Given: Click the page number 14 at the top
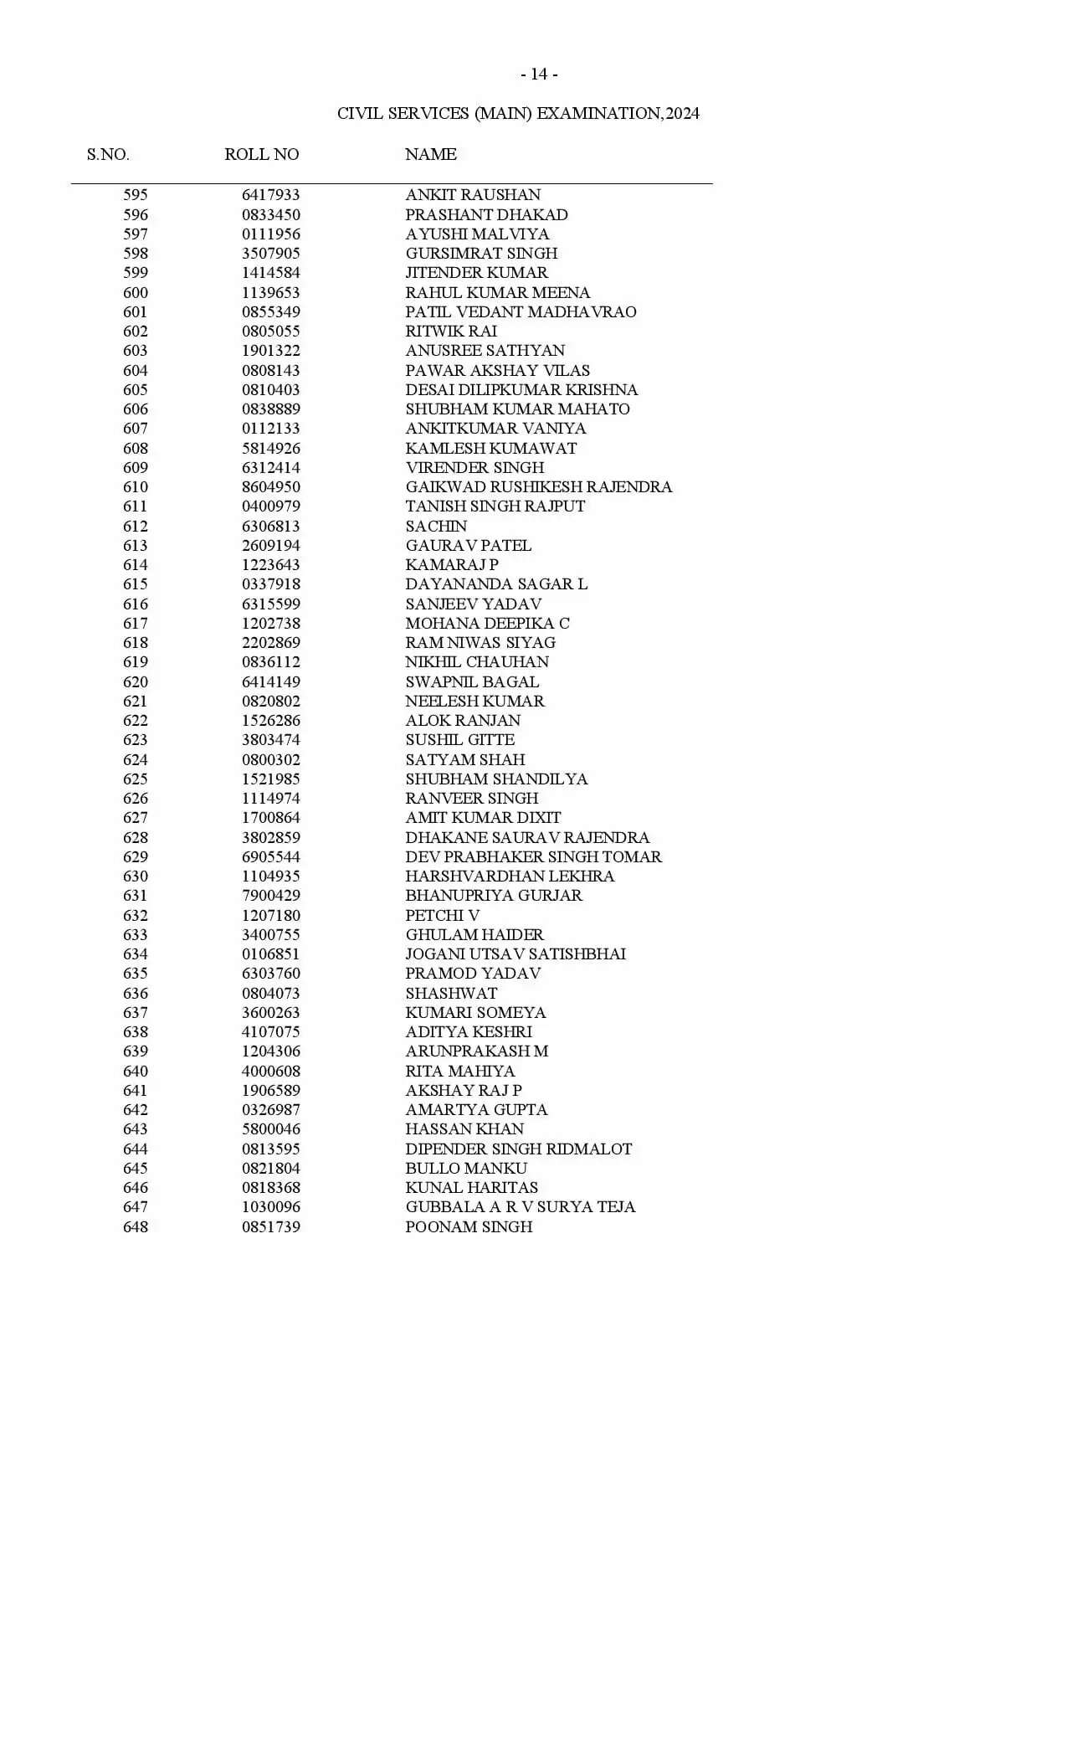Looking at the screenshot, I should (x=539, y=75).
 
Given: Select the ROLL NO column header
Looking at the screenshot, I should (x=261, y=155).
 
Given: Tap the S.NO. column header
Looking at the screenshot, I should (x=108, y=155).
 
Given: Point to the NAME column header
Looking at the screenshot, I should (x=430, y=155).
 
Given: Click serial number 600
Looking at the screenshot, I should (x=136, y=293).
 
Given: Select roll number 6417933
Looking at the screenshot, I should (x=270, y=195).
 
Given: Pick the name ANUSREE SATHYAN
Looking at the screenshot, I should (x=485, y=351).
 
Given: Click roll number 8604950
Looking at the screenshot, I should (x=270, y=487).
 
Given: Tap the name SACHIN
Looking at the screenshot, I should (x=436, y=527).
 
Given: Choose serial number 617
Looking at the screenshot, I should (x=136, y=624).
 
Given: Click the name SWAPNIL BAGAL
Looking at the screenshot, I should (x=472, y=682).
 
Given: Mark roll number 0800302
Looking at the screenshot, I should (x=270, y=760).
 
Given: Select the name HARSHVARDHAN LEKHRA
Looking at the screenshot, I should (x=510, y=876).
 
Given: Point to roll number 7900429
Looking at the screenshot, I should (x=270, y=896).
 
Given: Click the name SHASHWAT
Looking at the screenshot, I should (x=451, y=994).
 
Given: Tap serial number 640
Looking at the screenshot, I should (x=136, y=1072).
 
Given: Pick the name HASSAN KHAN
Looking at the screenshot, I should (x=464, y=1129).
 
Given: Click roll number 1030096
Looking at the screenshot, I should (x=270, y=1207).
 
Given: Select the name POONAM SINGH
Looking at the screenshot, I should (x=469, y=1227).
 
